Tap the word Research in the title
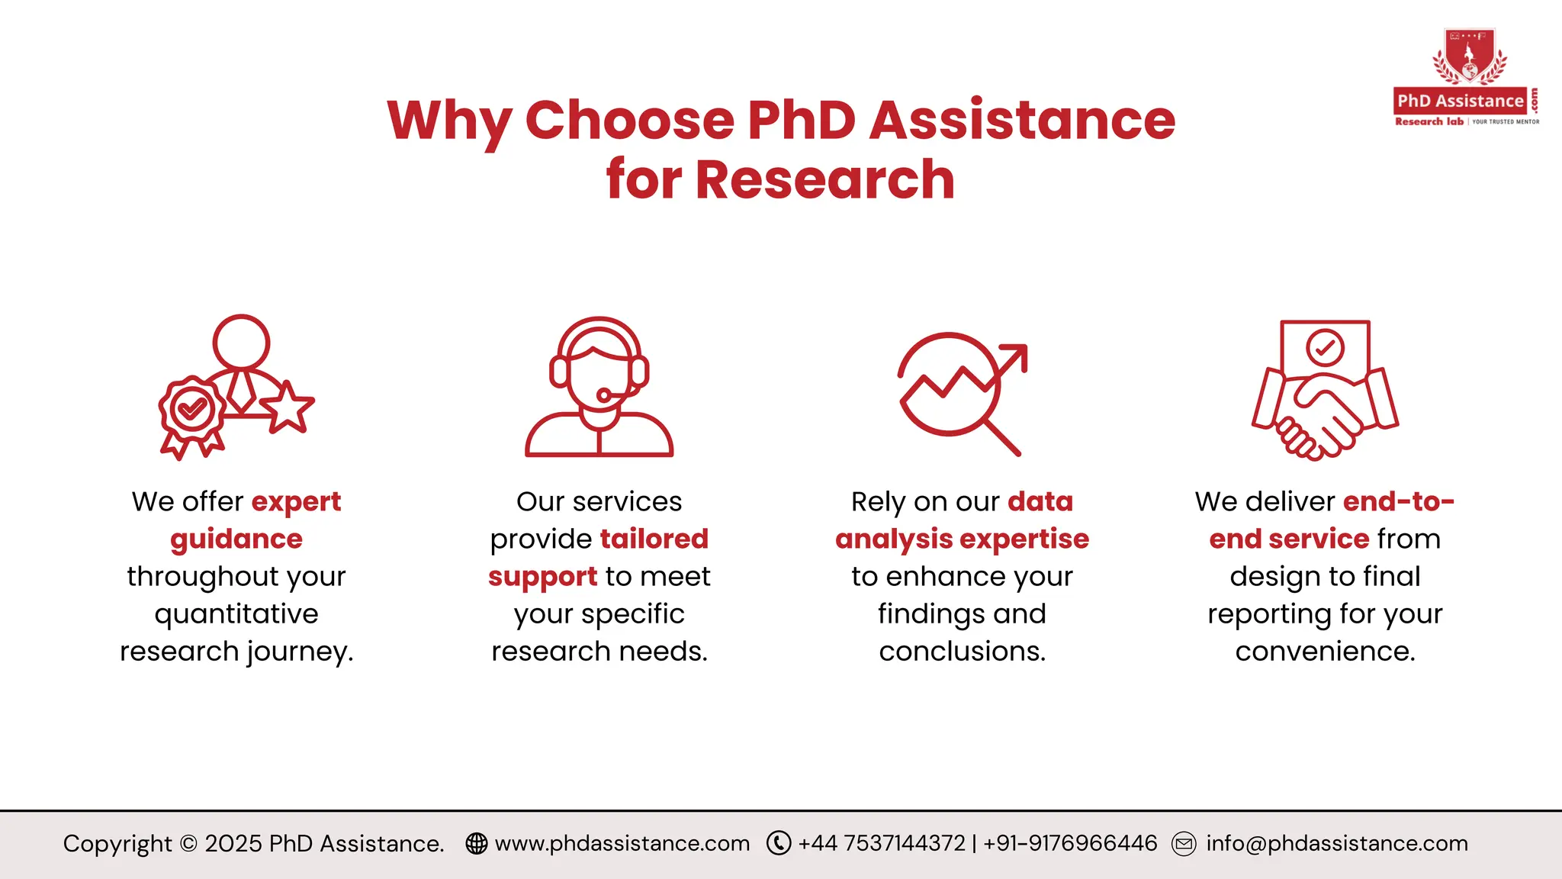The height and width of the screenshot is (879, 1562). point(824,180)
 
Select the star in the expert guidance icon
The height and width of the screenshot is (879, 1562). point(288,407)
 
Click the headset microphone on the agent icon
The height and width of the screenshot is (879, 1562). point(604,395)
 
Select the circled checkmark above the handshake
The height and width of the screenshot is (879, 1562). point(1325,348)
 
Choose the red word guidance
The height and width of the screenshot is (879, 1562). point(236,539)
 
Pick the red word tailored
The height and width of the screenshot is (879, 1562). point(654,539)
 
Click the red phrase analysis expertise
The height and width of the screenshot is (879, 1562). point(962,539)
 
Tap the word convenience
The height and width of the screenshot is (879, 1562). point(1325,652)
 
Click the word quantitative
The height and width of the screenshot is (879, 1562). point(236,614)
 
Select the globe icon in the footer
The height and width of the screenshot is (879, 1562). point(477,843)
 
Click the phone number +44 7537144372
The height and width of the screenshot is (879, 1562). point(882,843)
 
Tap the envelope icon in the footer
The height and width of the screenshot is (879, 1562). point(1184,844)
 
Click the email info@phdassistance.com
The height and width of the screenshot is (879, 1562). point(1336,843)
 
